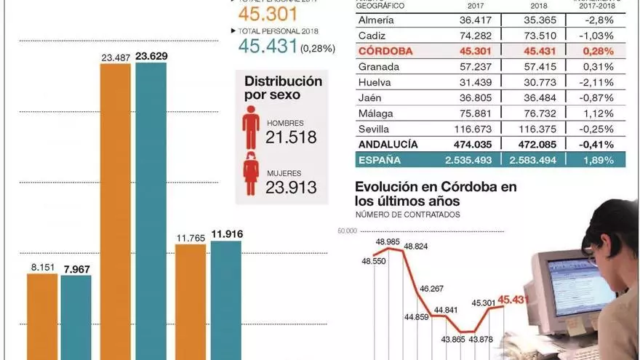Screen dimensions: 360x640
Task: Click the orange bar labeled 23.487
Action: tap(115, 211)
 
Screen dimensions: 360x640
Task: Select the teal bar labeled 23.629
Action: tap(151, 211)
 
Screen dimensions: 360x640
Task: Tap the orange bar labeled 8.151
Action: tap(42, 316)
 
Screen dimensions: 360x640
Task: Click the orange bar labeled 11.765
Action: tap(191, 302)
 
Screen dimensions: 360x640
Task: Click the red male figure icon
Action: tap(251, 128)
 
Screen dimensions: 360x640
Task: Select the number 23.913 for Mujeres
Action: tap(292, 187)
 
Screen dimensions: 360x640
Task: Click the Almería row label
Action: tap(377, 20)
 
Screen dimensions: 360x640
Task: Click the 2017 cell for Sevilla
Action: tap(471, 127)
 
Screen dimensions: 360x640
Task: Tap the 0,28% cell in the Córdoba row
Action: tap(599, 52)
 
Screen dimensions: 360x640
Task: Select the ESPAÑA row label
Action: tap(379, 159)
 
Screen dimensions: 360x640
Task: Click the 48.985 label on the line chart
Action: tap(390, 241)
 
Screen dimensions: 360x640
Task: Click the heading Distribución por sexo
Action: tap(283, 88)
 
